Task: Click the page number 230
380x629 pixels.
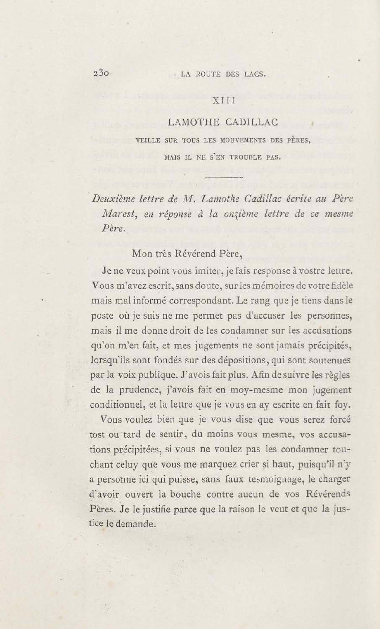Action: click(x=101, y=74)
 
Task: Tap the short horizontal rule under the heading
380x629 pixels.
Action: click(x=223, y=177)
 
